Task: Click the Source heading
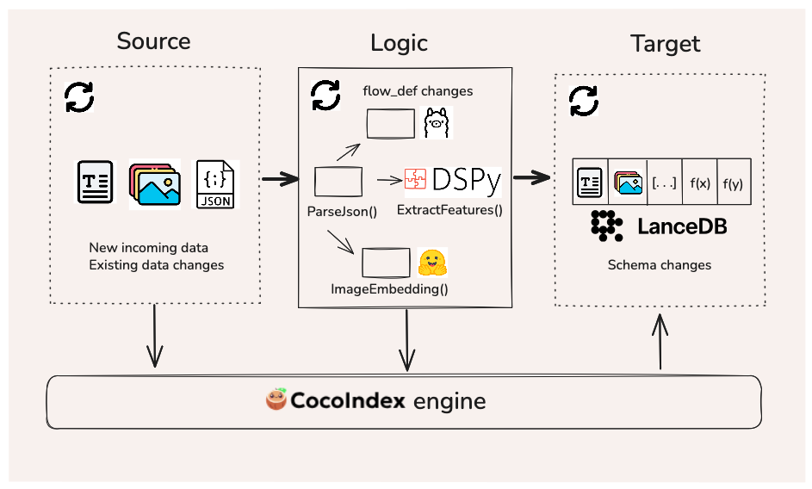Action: point(153,40)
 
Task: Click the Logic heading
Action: point(399,43)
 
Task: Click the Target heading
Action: point(665,44)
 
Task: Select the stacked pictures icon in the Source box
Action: point(155,184)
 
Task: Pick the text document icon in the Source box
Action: point(95,182)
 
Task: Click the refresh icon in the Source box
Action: point(80,97)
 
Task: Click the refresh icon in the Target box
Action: point(584,102)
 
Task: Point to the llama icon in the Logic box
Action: point(437,124)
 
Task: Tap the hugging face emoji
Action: point(432,262)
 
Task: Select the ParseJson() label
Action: point(343,210)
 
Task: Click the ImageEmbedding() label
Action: point(389,289)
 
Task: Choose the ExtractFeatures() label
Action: point(449,209)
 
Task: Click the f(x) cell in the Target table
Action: point(699,183)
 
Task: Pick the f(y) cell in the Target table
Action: point(734,183)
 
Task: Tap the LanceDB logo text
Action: point(682,226)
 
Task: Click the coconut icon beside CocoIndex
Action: point(277,400)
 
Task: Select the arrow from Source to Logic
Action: point(279,180)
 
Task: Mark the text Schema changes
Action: point(660,265)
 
